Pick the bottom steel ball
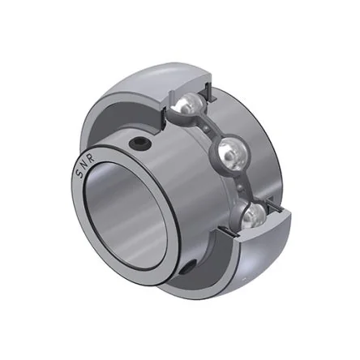(x=253, y=216)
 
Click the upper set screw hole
(x=139, y=144)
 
